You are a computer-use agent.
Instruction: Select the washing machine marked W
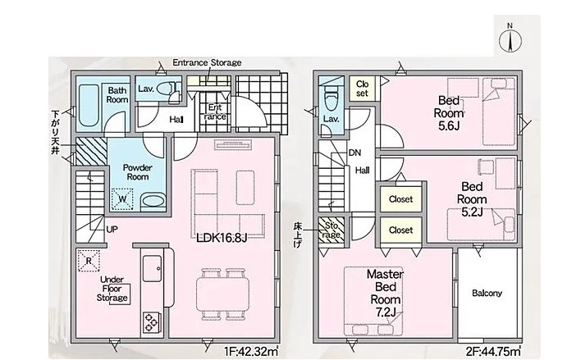click(x=122, y=199)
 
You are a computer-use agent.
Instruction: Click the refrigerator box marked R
click(x=89, y=260)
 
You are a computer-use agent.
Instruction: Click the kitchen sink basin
click(x=153, y=268)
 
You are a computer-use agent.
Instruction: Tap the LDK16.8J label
click(x=222, y=238)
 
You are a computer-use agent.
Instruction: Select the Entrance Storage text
click(x=207, y=62)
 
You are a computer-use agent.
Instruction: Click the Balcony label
click(x=487, y=293)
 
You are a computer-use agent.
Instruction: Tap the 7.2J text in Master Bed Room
click(x=386, y=312)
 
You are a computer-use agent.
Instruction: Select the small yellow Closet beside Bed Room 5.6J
click(x=362, y=89)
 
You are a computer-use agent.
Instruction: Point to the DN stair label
click(x=354, y=153)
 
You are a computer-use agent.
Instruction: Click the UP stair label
click(x=112, y=229)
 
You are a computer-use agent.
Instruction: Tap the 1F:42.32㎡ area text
click(x=251, y=351)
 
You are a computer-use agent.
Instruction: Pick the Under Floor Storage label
click(x=112, y=289)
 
